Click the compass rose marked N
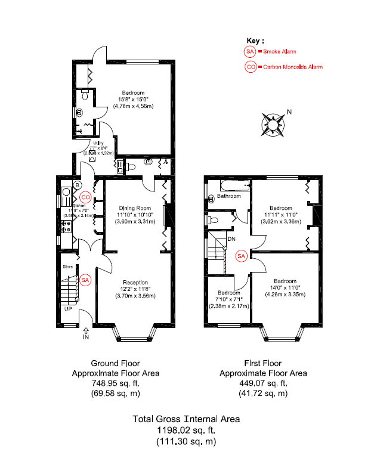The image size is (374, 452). (x=272, y=123)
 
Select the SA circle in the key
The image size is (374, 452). (x=251, y=52)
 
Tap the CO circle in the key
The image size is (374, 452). (x=251, y=67)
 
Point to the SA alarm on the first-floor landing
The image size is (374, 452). (x=242, y=256)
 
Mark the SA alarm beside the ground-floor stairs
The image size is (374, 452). (x=85, y=280)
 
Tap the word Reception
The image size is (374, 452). (x=135, y=282)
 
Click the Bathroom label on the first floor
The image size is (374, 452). (x=228, y=196)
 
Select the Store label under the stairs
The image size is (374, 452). (x=69, y=267)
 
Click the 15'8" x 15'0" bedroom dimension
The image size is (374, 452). (x=134, y=100)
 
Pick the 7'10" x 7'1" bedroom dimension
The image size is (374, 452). (x=229, y=300)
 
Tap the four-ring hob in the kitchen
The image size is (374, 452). (x=66, y=226)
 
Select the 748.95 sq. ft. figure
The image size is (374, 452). (x=115, y=383)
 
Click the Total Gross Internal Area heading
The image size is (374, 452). (x=186, y=419)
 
